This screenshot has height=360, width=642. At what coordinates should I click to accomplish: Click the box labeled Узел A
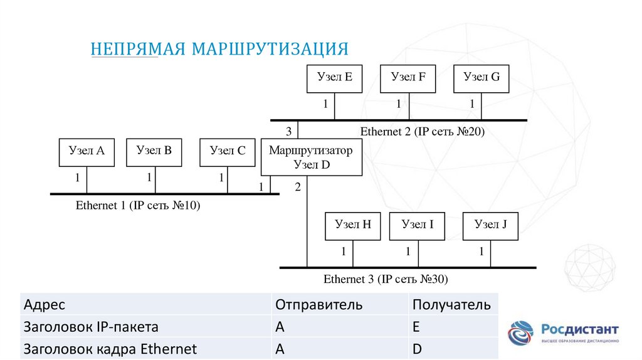[87, 152]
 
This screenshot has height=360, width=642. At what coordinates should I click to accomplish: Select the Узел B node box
[154, 152]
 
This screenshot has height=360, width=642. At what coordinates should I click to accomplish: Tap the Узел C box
[228, 152]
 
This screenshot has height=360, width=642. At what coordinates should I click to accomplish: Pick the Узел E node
[334, 78]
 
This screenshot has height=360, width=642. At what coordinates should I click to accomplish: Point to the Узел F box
[408, 78]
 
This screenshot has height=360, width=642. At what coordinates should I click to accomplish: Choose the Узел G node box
[481, 78]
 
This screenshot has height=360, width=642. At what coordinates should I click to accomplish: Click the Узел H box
[352, 226]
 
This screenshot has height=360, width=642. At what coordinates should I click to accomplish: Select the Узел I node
[417, 226]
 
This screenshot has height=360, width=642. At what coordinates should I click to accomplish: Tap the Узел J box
[490, 226]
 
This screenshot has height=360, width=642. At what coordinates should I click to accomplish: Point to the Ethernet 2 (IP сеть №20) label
[423, 132]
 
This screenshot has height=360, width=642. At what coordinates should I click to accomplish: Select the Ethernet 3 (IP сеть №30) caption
[386, 279]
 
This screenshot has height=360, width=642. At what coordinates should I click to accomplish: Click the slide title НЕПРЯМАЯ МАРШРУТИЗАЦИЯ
[219, 49]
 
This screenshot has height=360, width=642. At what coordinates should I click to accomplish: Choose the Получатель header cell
[451, 305]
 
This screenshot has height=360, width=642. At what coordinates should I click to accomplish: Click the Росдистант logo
[562, 332]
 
